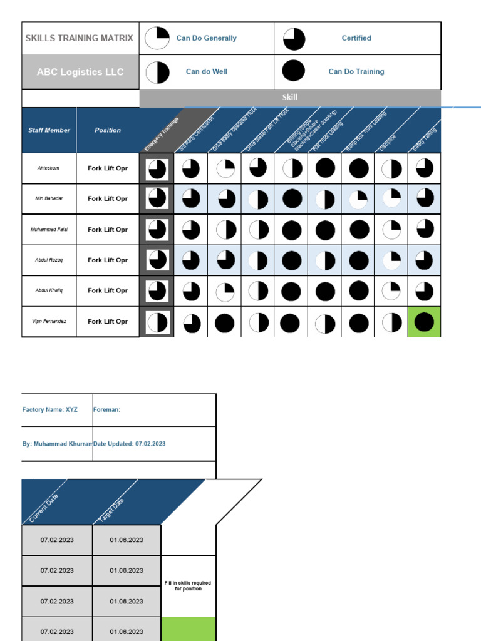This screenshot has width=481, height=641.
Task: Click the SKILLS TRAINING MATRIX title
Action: click(80, 38)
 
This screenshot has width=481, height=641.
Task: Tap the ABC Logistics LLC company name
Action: click(80, 72)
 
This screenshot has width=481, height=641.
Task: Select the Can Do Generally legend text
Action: click(206, 38)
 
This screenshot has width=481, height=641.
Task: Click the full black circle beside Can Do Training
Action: click(294, 72)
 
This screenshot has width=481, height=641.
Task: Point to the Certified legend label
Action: click(356, 38)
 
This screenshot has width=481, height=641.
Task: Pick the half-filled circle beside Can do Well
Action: click(157, 72)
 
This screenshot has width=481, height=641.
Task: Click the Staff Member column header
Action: click(49, 130)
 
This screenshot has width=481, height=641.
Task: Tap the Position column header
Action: click(108, 130)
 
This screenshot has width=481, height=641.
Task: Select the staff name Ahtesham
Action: click(49, 168)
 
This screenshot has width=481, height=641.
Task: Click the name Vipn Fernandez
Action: click(49, 322)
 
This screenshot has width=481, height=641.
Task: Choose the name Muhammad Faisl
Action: click(49, 230)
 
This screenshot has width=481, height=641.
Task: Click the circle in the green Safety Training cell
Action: click(424, 322)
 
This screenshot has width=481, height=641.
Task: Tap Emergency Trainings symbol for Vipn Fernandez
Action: click(157, 322)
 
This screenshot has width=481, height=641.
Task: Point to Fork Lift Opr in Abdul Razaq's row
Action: click(108, 260)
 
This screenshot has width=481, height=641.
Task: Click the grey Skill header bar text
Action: click(290, 98)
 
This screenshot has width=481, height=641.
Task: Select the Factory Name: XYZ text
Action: click(50, 410)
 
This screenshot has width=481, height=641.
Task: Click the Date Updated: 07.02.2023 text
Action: click(129, 444)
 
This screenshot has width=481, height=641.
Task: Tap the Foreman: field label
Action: click(106, 410)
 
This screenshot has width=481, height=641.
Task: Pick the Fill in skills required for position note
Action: click(189, 586)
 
